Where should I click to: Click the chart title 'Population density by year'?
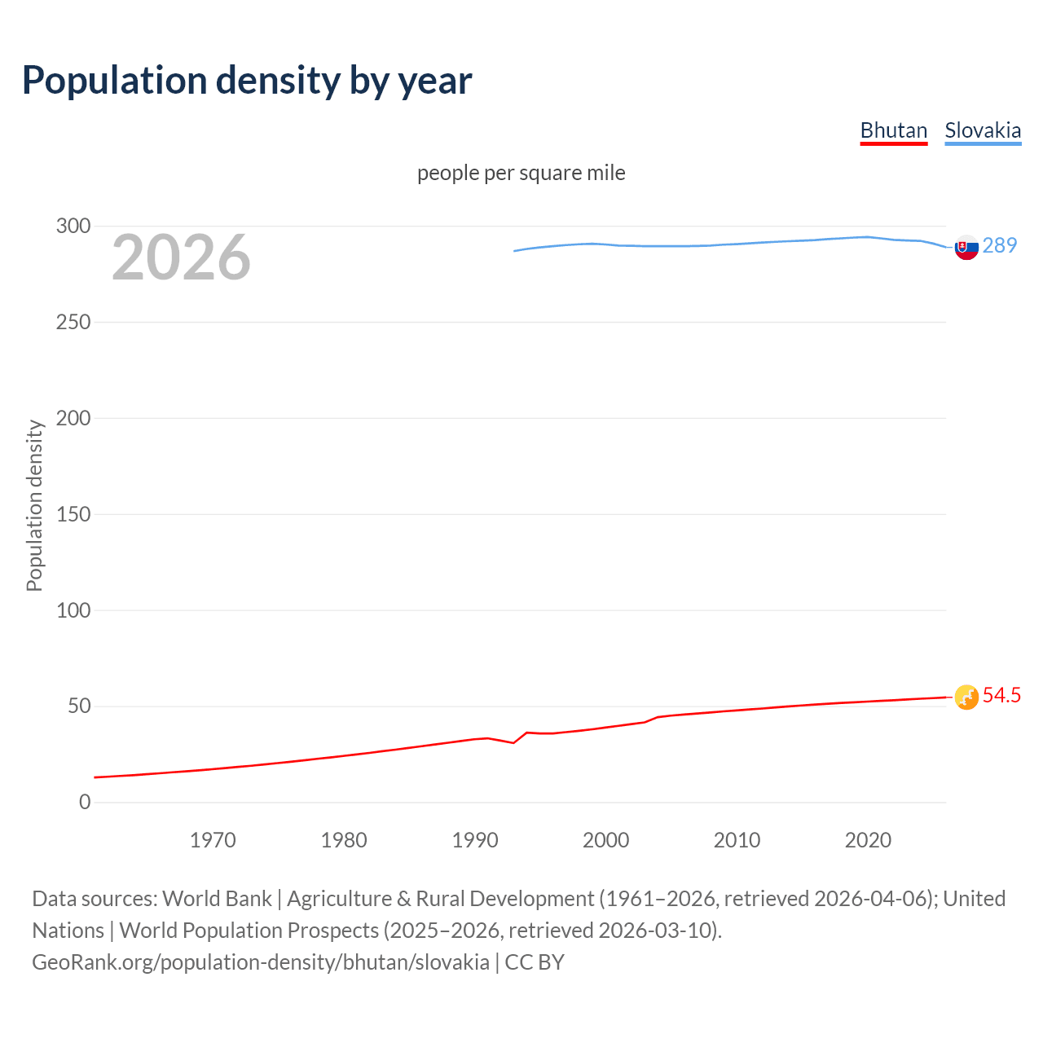tap(247, 81)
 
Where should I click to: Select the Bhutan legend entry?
tap(894, 130)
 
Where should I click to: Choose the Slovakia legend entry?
tap(983, 130)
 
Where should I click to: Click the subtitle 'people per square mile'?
tap(521, 173)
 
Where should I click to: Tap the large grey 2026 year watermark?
tap(181, 257)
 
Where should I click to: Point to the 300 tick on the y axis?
tap(73, 226)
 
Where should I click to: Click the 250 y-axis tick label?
tap(73, 322)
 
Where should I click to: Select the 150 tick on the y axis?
tap(73, 514)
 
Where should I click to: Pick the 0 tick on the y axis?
tap(85, 802)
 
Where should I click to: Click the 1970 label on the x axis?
tap(213, 840)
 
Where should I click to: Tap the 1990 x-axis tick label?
tap(475, 840)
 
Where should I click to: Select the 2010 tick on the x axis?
tap(737, 840)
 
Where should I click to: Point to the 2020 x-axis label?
tap(868, 840)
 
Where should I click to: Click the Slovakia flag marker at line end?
tap(966, 247)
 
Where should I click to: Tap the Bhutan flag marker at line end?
tap(966, 697)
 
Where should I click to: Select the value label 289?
tap(1000, 245)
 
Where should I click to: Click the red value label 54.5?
tap(1001, 695)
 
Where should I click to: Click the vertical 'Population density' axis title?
tap(34, 505)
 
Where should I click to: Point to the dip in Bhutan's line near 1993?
tap(513, 742)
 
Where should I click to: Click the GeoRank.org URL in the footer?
tap(261, 962)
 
